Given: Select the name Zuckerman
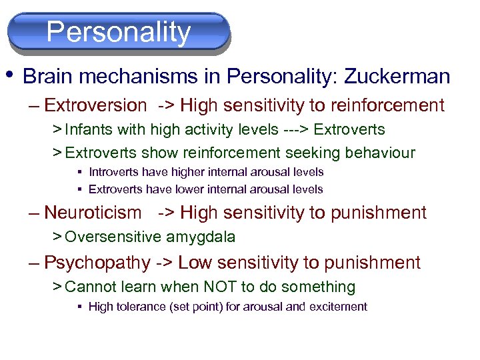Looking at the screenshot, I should click(397, 77).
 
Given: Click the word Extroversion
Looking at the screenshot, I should click(95, 105).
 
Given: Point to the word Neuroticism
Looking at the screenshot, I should click(93, 213).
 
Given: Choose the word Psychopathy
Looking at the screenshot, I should click(97, 263).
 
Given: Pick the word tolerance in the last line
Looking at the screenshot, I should click(141, 307).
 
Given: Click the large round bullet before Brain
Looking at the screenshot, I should click(12, 73).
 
